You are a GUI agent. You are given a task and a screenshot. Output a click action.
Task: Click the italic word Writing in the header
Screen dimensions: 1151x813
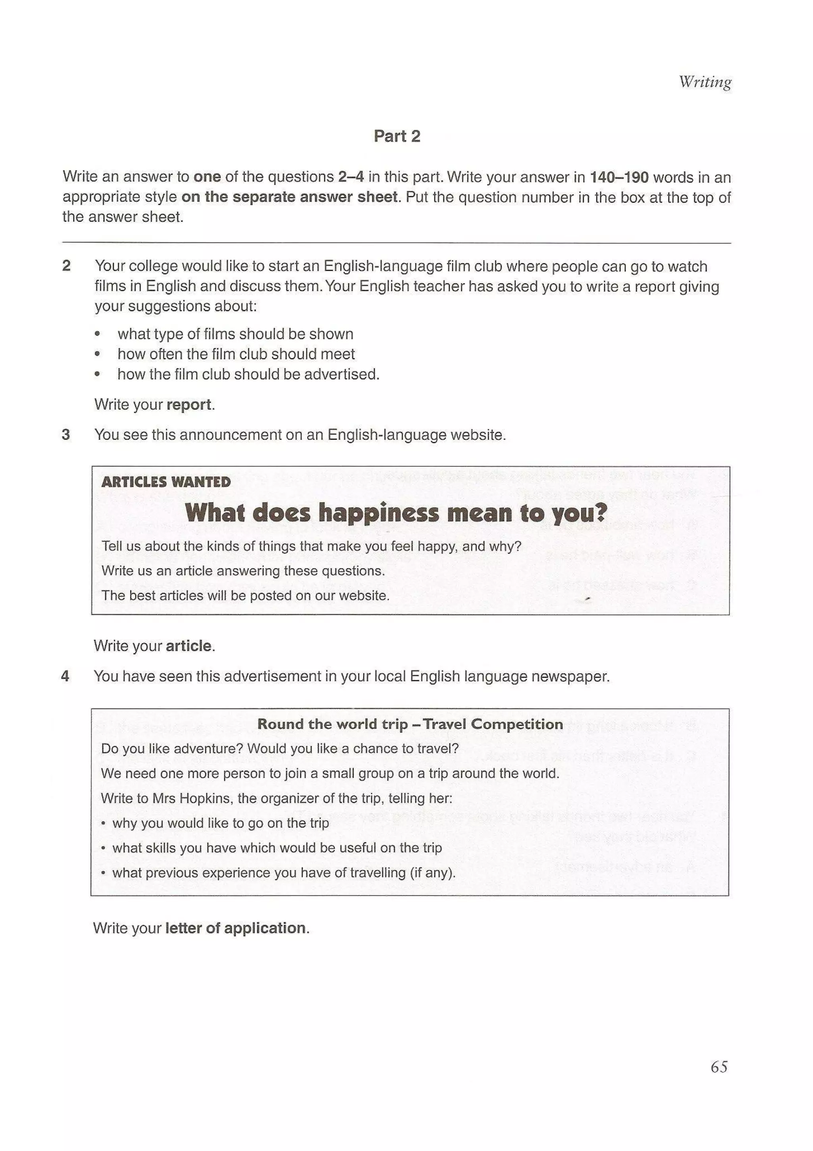click(x=705, y=82)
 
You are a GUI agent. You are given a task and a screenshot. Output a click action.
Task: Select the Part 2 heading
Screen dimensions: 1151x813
click(x=397, y=136)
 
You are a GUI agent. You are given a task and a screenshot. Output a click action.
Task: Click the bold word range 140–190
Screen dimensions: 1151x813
click(x=619, y=177)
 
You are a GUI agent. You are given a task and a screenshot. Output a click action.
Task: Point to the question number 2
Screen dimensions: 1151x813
click(x=66, y=266)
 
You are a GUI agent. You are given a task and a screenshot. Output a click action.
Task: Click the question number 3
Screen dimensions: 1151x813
click(x=66, y=435)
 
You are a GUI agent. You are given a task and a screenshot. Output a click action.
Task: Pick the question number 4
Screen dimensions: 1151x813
click(x=65, y=676)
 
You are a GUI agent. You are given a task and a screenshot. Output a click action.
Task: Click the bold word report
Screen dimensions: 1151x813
click(x=188, y=405)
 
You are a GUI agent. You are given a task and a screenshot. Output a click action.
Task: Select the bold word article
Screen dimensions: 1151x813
click(x=188, y=646)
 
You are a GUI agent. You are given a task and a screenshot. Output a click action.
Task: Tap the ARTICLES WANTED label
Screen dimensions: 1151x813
click(x=166, y=482)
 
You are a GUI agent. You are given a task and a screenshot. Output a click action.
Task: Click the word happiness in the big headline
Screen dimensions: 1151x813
click(x=379, y=512)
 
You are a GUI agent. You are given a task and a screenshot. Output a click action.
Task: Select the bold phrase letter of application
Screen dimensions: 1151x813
click(x=235, y=928)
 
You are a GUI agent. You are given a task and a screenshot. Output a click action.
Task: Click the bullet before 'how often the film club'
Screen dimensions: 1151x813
click(x=97, y=354)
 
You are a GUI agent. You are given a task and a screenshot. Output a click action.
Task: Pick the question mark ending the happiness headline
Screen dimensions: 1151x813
click(x=600, y=512)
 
